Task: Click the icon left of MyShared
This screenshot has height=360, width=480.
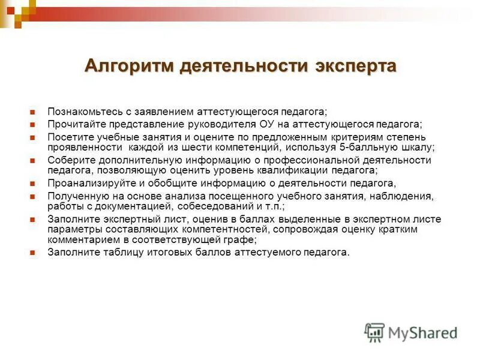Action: pos(375,332)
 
